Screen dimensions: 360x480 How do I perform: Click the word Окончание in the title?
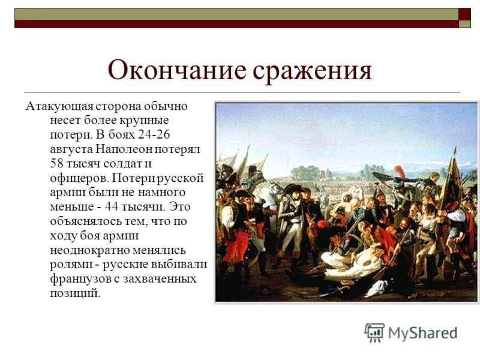pyautogui.click(x=177, y=71)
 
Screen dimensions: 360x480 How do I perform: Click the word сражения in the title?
pyautogui.click(x=312, y=71)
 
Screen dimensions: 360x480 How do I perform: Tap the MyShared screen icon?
pyautogui.click(x=374, y=332)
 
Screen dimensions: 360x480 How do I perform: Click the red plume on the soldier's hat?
pyautogui.click(x=399, y=172)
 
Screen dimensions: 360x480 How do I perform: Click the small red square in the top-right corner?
pyautogui.click(x=464, y=14)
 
